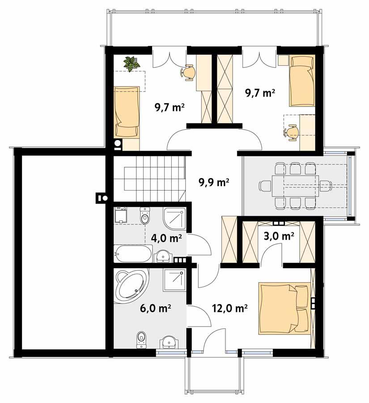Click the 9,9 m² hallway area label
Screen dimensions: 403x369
214,182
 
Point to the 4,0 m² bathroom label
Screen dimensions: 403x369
166,238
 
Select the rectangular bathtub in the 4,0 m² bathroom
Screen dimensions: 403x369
132,254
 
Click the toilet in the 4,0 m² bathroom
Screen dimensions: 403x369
145,216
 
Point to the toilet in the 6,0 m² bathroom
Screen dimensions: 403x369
141,339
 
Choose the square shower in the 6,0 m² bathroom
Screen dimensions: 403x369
174,280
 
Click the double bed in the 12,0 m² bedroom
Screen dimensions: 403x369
284,308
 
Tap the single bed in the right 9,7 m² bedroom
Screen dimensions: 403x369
301,81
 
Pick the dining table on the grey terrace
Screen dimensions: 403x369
296,186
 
